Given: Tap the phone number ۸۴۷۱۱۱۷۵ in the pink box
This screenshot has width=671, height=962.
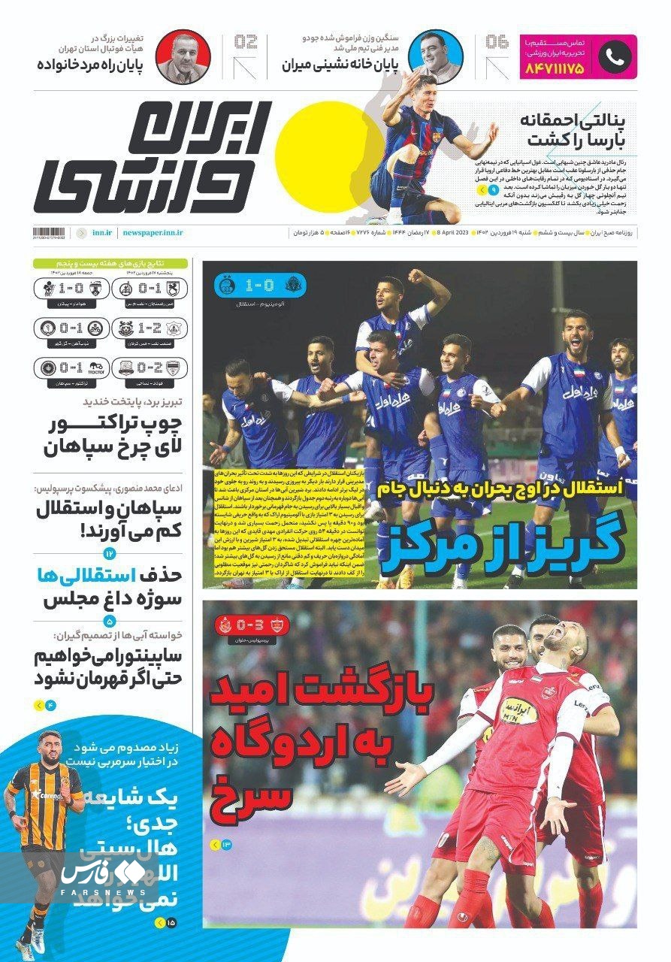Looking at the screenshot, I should pos(555,68).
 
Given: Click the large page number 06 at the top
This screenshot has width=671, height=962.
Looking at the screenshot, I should pos(497,41).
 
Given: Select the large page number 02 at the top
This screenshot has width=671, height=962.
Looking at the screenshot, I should pos(246,41).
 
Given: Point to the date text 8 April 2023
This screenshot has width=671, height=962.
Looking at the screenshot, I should pos(449,234).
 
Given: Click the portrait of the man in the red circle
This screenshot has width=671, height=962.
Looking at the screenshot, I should pos(183,56).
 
